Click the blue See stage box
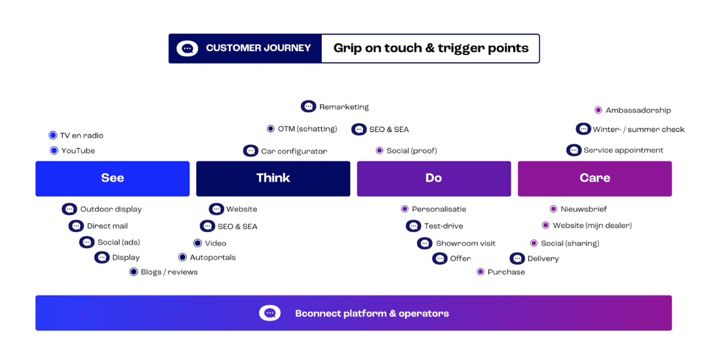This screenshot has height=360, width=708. pos(112,178)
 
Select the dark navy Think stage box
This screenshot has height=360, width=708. pos(273,178)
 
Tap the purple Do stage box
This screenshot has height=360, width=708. pos(433,178)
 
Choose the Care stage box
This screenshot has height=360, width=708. pos(595,178)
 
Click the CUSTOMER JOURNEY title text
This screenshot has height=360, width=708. pos(258,49)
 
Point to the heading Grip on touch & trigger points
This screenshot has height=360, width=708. pos(431,49)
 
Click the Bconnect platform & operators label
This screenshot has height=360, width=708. pos(372,313)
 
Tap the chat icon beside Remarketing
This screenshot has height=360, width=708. pos(308,106)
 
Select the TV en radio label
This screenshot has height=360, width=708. pos(81,136)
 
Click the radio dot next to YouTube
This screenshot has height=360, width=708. pos(54,151)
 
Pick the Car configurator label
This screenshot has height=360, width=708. pos(294,151)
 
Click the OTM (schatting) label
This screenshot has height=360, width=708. pos(307,129)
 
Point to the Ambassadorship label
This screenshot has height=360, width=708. pos(638,111)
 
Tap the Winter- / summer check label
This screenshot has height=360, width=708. pos(639,130)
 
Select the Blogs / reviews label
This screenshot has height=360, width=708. pos(169,272)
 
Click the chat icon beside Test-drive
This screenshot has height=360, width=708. pos(413,226)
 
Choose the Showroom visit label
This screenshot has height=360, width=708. pos(465,244)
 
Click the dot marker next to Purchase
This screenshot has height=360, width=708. pos(481,272)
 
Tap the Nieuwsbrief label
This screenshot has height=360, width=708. pos(583,209)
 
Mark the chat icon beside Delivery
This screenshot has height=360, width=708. pos(517,258)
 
